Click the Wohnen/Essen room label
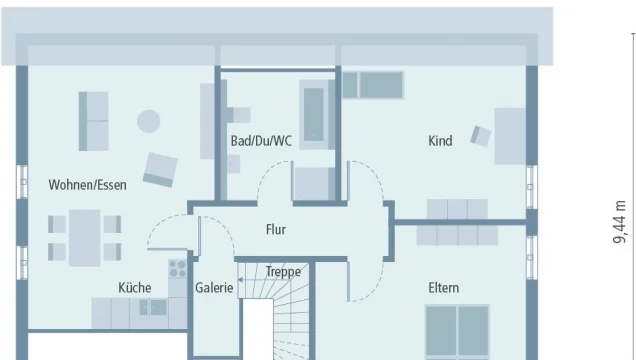coord(87,185)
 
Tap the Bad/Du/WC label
coord(261,141)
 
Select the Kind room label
coord(440,141)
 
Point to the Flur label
coord(276,229)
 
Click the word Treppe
coord(284,272)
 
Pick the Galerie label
coord(214,288)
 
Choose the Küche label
coord(135,287)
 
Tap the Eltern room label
coord(444,288)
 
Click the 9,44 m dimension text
coord(620,222)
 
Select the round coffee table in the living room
coord(148,121)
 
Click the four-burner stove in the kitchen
coord(178,268)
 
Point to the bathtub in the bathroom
coord(314,115)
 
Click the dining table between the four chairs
coord(84,238)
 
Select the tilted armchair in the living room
coord(160,169)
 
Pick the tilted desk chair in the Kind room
coord(481,136)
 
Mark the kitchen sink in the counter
coord(153,307)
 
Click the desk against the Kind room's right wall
coord(510,136)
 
